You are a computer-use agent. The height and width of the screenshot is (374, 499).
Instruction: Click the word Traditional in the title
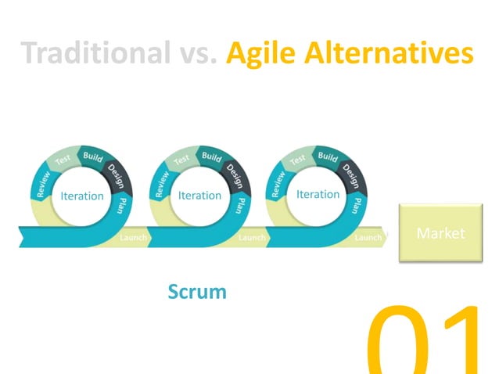(x=94, y=53)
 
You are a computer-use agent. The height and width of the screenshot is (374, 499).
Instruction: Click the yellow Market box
(x=440, y=233)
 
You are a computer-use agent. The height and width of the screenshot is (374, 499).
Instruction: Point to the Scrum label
(x=197, y=292)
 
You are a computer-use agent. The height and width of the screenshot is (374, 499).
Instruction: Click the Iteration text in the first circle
(x=82, y=196)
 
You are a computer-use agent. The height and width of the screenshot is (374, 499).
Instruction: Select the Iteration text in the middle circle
(x=200, y=196)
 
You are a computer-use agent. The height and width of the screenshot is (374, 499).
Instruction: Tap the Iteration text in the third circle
(x=318, y=194)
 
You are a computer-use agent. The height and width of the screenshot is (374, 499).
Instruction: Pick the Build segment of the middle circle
(x=212, y=156)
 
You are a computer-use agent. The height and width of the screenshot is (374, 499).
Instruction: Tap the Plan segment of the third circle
(x=357, y=205)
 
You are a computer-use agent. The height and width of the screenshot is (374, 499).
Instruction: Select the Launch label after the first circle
(x=133, y=237)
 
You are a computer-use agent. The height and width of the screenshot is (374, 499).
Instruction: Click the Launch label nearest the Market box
(x=368, y=237)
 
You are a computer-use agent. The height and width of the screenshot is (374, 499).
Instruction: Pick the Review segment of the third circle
(x=277, y=182)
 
